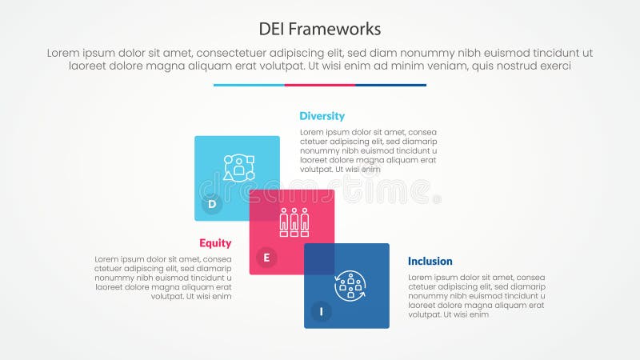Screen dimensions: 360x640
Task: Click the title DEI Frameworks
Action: pos(320,29)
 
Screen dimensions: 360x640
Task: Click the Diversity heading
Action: pos(322,116)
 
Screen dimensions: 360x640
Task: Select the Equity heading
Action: pos(215,243)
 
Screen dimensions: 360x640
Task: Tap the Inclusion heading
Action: pos(430,261)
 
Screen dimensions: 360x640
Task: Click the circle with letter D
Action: pos(212,204)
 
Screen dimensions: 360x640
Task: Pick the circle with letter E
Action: pos(266,258)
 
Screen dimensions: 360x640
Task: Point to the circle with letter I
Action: pos(321,311)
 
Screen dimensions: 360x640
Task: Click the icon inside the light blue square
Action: pos(238,168)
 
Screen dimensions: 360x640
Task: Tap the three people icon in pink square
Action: pos(294,222)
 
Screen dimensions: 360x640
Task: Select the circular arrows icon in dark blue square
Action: pos(350,286)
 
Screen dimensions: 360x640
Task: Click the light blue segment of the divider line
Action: pos(249,85)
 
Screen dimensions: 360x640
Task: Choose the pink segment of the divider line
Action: pos(320,85)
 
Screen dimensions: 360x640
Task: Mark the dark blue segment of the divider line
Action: pos(390,85)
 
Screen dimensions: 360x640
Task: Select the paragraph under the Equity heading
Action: pos(163,278)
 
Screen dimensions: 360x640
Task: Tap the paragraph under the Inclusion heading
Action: pos(477,296)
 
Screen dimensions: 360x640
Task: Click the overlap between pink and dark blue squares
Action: pos(319,259)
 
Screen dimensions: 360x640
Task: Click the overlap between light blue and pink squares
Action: pos(264,205)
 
